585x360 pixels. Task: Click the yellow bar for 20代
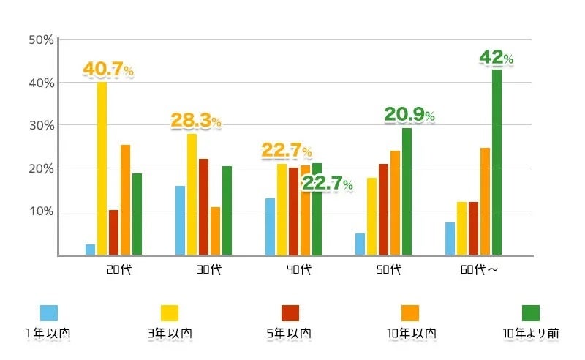point(102,168)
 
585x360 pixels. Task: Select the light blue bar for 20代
point(90,250)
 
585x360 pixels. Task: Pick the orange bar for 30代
point(215,231)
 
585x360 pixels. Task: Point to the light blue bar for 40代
point(270,227)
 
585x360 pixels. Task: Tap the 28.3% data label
point(196,121)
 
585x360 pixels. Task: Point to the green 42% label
point(496,58)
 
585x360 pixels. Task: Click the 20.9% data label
point(409,115)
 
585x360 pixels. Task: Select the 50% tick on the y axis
point(41,40)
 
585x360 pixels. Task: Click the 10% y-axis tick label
point(41,211)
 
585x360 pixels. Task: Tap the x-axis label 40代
point(298,269)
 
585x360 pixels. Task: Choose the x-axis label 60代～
point(480,269)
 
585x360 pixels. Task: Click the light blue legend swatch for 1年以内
point(49,313)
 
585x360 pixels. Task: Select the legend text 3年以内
point(170,334)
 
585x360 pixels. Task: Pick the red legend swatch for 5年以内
point(290,313)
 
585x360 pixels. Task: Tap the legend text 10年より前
point(531,334)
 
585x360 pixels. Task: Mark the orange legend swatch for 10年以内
point(410,313)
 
